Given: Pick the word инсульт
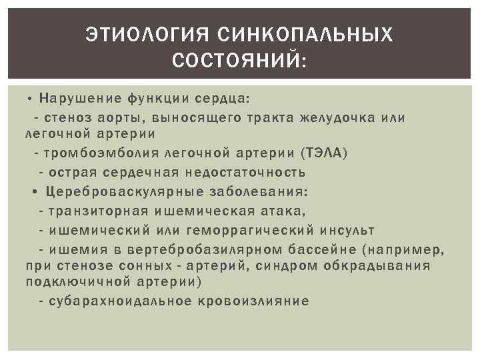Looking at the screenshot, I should click(346, 231).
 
